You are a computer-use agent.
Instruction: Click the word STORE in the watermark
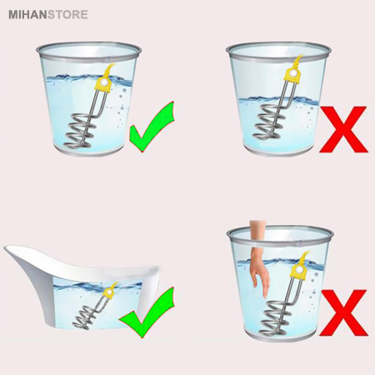[63, 12]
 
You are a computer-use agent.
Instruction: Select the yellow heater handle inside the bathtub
[107, 291]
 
